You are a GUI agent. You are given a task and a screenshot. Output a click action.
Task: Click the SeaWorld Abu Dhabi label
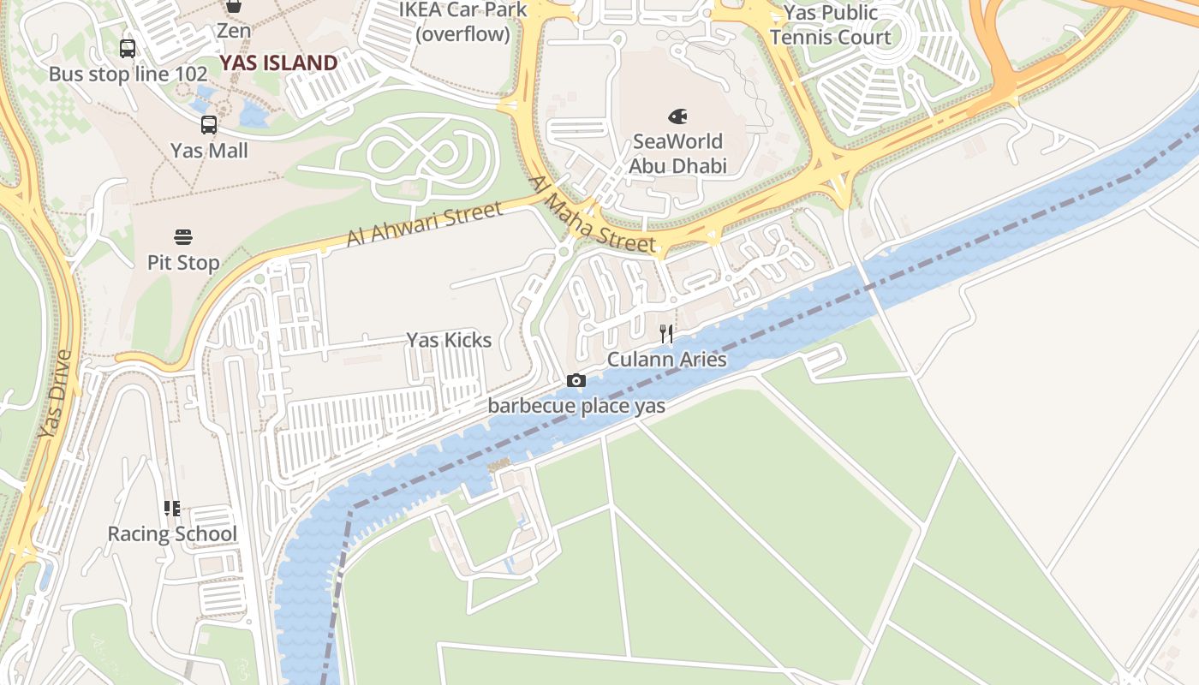(677, 153)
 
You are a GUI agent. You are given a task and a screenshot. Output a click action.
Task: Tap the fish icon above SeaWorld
(677, 116)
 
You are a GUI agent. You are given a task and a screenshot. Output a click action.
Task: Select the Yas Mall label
(209, 151)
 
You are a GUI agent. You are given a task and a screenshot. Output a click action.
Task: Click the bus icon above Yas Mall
(209, 125)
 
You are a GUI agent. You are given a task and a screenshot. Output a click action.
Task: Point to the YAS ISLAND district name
(278, 63)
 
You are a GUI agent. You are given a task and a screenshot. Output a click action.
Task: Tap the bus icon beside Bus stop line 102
(128, 49)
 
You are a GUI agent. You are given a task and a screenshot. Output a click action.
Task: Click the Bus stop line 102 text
(128, 74)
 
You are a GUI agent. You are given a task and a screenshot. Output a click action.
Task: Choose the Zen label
(234, 31)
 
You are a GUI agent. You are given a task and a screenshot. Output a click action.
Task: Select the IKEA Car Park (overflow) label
(462, 22)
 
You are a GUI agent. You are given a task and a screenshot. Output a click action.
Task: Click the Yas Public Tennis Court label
(831, 25)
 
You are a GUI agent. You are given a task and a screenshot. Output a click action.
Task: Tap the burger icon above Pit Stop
(183, 236)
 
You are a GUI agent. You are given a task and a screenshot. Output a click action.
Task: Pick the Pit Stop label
(183, 262)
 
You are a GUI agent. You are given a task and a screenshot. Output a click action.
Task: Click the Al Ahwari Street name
(424, 224)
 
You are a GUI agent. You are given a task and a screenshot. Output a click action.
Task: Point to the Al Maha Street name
(592, 214)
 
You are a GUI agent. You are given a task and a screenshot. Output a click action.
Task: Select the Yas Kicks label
(449, 340)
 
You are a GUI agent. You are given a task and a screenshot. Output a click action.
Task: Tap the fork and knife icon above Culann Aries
(666, 333)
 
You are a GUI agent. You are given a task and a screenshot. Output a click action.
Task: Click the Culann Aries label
(666, 359)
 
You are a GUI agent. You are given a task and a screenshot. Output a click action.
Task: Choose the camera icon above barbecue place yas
(576, 381)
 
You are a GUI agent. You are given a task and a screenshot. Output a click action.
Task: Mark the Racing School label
(172, 533)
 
